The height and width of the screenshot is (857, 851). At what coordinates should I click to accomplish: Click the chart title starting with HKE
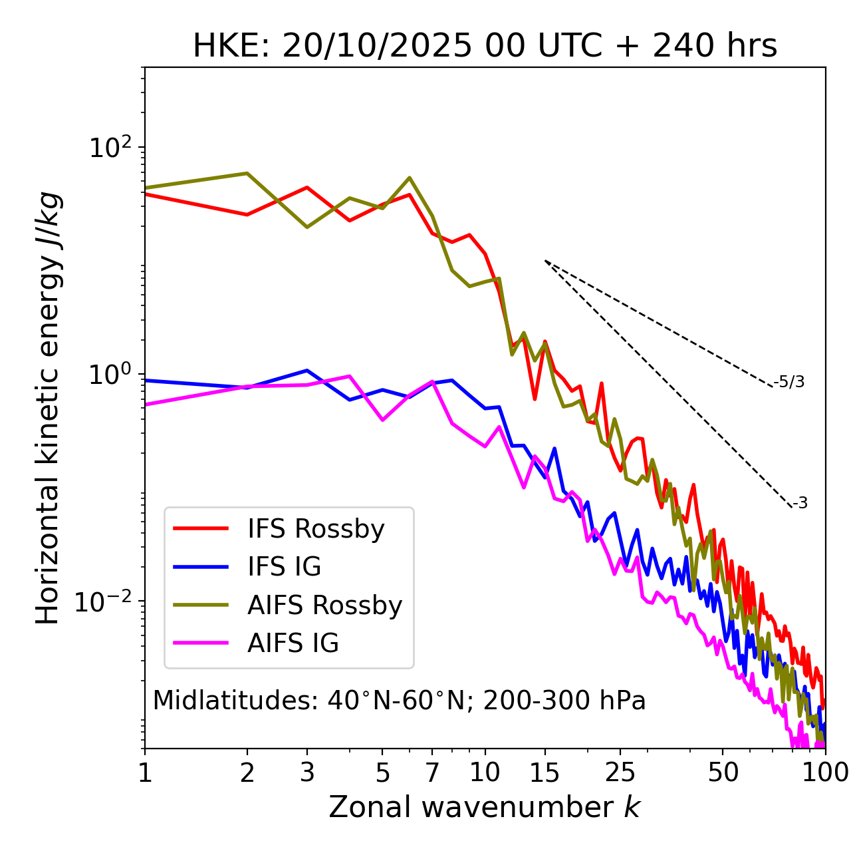pyautogui.click(x=485, y=47)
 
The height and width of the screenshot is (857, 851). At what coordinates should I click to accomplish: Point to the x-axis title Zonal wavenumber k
pyautogui.click(x=484, y=807)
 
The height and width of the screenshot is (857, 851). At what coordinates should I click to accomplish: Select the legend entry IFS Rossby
pyautogui.click(x=316, y=529)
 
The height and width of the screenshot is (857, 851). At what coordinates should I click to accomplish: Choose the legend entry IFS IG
pyautogui.click(x=284, y=567)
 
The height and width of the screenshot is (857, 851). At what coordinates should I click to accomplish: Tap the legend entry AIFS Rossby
pyautogui.click(x=324, y=605)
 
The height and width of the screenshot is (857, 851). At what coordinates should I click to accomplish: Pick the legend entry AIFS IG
pyautogui.click(x=293, y=643)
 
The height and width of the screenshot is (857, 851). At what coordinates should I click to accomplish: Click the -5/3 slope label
pyautogui.click(x=789, y=382)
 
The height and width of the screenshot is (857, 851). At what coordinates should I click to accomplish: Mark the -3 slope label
pyautogui.click(x=800, y=504)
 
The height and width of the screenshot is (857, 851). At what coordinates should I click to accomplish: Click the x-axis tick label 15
pyautogui.click(x=545, y=772)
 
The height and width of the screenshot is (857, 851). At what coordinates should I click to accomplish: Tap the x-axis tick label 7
pyautogui.click(x=432, y=772)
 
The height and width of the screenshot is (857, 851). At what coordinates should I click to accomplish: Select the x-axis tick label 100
pyautogui.click(x=824, y=772)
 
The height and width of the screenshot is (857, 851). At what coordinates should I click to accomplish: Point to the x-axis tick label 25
pyautogui.click(x=620, y=772)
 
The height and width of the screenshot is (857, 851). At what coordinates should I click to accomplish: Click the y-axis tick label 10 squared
pyautogui.click(x=109, y=147)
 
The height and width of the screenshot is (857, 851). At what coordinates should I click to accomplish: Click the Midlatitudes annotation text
pyautogui.click(x=399, y=701)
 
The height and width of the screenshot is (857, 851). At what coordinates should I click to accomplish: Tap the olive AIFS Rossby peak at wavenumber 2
pyautogui.click(x=247, y=173)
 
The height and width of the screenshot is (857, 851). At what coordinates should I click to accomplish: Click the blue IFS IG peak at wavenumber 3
pyautogui.click(x=307, y=370)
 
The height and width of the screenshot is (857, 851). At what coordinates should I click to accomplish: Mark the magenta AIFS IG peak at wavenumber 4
pyautogui.click(x=350, y=376)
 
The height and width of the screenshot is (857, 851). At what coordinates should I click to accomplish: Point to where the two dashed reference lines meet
pyautogui.click(x=545, y=261)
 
